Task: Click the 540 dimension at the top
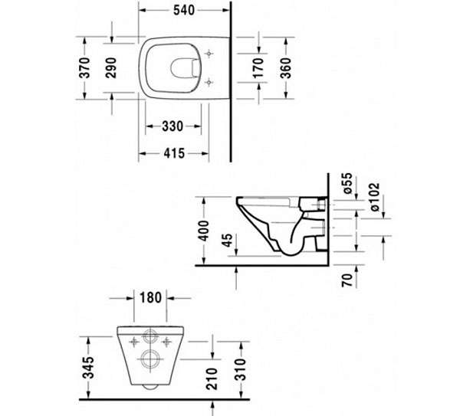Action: point(184,10)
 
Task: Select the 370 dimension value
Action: point(85,68)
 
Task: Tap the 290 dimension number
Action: point(111,68)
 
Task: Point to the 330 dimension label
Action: point(172,126)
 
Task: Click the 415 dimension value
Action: point(174,153)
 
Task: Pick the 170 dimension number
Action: point(258,68)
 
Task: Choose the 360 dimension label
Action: point(285,68)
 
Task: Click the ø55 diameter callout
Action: point(347,183)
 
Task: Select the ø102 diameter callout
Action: point(375,197)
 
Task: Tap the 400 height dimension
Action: point(203,231)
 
